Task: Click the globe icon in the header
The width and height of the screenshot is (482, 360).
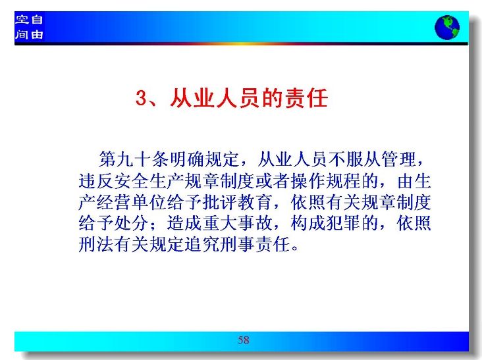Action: [447, 28]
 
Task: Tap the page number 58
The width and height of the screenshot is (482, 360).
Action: [244, 340]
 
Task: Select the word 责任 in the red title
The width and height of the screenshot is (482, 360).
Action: [306, 98]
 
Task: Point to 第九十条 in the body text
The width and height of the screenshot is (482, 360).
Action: [134, 159]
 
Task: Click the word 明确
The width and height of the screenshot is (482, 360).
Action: [187, 159]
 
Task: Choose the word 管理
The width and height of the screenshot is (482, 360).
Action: [399, 159]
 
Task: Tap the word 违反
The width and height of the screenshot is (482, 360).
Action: [96, 181]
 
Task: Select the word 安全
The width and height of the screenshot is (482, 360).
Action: [131, 181]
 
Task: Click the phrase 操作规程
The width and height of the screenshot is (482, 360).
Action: [326, 181]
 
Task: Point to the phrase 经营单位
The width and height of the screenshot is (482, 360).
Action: [131, 202]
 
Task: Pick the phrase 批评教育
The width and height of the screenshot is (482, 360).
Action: [237, 202]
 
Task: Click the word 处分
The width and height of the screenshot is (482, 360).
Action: [131, 223]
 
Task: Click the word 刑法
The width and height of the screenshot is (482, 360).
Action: [96, 245]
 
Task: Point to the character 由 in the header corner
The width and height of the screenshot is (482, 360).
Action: [37, 34]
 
